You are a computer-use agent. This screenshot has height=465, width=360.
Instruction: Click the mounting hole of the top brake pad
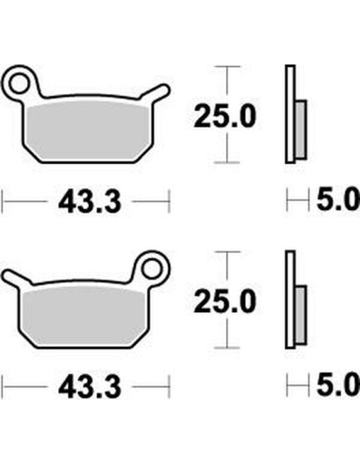(23, 80)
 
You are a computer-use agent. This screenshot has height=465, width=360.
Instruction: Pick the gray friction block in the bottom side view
(299, 314)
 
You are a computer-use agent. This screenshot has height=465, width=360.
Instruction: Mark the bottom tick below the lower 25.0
(229, 348)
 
